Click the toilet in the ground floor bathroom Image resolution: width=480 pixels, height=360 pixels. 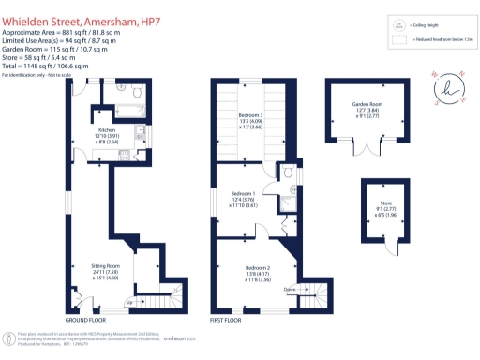pos(137,92)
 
